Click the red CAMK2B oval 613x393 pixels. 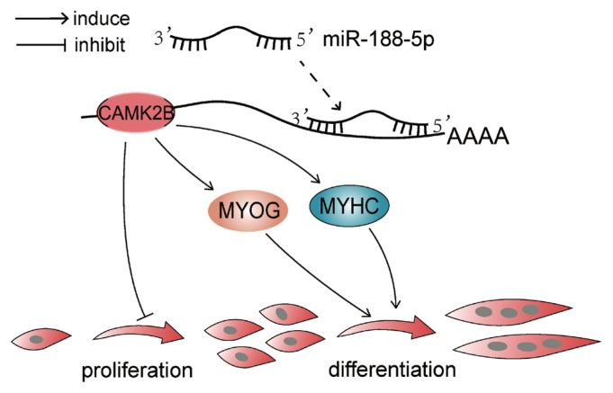point(135,113)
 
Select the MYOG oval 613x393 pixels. point(248,210)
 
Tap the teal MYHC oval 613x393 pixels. point(349,206)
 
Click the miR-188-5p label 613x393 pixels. point(378,40)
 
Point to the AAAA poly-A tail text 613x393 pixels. point(478,137)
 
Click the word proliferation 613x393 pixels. point(137,370)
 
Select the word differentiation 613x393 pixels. point(392,369)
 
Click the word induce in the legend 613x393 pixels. point(101,19)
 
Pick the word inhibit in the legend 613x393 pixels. point(100,45)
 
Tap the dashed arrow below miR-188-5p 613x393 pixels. point(320,86)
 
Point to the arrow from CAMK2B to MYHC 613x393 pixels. point(258,140)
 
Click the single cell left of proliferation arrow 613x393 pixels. point(41,339)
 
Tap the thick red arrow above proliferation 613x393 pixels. point(139,333)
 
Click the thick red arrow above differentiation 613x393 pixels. point(386,329)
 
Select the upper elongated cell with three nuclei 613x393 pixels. point(509,312)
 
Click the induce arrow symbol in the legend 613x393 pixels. point(42,19)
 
